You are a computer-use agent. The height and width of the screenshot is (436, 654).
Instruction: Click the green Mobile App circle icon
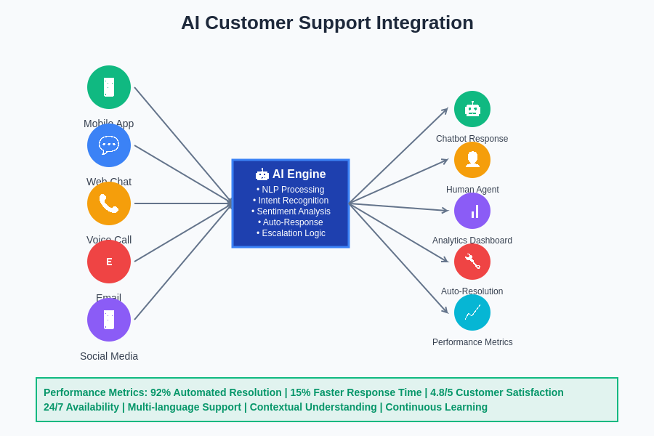[109, 87]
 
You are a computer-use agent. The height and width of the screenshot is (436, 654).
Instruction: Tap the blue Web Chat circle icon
[109, 145]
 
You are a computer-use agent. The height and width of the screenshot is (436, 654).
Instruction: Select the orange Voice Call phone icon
[109, 203]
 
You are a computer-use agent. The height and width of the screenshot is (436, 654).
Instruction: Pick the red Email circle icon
[109, 262]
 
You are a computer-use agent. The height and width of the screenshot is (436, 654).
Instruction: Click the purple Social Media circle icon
[109, 320]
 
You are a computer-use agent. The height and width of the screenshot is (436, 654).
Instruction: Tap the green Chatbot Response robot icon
[472, 109]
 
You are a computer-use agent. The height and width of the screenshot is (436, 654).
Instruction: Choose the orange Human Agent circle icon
[472, 160]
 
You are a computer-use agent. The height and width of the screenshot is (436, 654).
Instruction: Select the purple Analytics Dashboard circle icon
[472, 211]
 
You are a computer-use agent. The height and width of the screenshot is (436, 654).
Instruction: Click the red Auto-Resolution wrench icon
[472, 262]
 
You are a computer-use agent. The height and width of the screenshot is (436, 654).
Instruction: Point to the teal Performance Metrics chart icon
[472, 312]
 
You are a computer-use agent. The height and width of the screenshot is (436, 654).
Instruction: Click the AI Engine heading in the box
[299, 174]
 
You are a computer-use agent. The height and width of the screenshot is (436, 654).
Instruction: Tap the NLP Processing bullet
[291, 190]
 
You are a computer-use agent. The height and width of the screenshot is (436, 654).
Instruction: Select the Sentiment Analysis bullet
[291, 211]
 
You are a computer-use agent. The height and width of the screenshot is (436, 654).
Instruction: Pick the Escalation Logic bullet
[291, 233]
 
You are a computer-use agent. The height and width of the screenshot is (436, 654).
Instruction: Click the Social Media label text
[109, 356]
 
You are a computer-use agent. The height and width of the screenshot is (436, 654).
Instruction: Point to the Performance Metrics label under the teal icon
[472, 342]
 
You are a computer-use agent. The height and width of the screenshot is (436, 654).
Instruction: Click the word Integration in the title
[424, 23]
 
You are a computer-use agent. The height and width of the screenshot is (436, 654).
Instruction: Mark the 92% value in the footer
[161, 392]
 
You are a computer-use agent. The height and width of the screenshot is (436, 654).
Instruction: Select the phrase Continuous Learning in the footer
[436, 407]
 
